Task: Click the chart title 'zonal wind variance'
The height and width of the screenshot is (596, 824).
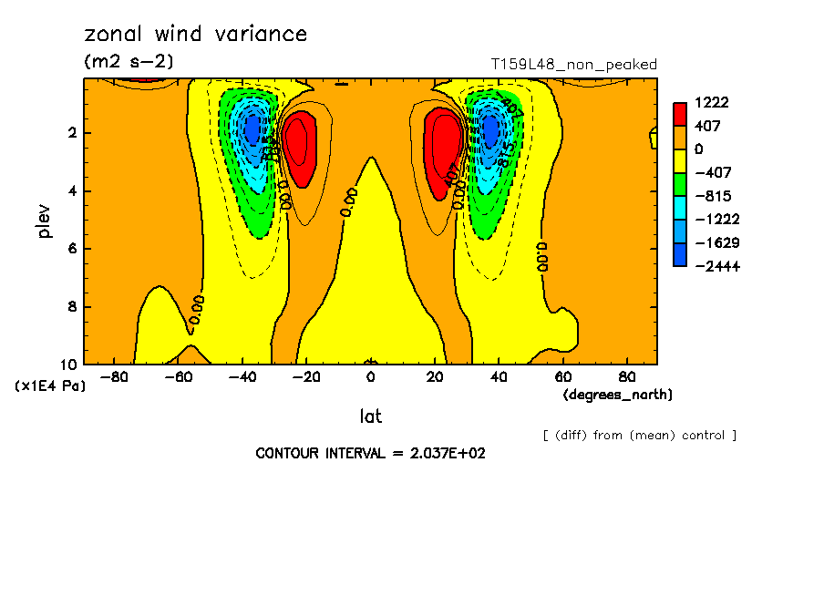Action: point(196,35)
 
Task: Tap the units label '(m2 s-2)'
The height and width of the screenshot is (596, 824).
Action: point(129,61)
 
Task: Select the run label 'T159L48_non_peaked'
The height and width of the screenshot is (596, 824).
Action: point(573,64)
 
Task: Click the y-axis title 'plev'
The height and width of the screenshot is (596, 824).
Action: point(45,221)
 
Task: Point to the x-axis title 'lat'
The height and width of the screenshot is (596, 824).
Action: point(370,416)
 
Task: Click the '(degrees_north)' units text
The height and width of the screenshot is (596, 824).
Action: point(618,394)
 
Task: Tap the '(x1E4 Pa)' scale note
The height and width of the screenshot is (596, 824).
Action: point(50,385)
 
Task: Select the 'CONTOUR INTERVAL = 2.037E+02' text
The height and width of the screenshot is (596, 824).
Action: point(370,453)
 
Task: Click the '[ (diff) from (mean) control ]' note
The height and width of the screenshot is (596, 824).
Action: point(639,435)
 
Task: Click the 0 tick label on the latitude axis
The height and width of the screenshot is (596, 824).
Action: point(370,375)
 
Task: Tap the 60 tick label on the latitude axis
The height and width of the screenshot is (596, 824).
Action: point(562,375)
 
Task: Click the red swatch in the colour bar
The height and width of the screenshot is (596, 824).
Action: point(680,114)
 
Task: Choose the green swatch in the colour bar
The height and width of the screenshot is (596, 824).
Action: point(680,184)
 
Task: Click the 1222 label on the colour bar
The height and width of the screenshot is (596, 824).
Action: point(710,102)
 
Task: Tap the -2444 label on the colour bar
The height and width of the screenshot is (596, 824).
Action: point(714,266)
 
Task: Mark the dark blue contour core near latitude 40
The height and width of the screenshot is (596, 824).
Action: point(490,130)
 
